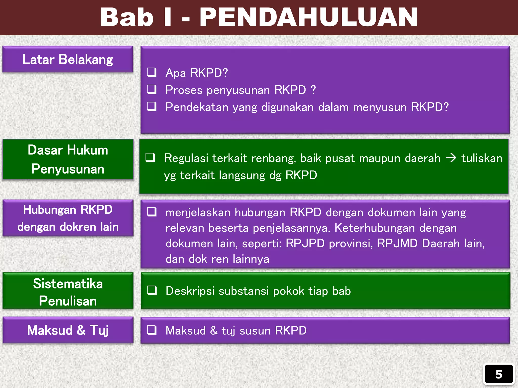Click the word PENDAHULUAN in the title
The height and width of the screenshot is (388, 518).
309,17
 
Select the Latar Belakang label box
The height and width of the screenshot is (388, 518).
68,59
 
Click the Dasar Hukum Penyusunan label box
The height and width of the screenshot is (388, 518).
68,159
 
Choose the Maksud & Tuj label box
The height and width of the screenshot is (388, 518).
68,330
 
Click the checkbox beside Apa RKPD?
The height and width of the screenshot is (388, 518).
152,72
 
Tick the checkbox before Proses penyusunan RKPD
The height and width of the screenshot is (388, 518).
152,89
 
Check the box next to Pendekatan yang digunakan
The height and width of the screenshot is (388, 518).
152,107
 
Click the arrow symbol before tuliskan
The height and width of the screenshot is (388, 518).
451,158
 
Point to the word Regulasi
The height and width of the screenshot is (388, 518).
186,158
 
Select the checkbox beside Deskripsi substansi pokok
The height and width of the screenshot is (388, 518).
152,290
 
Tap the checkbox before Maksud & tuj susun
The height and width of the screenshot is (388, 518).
152,330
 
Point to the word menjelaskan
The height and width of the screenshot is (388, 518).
198,213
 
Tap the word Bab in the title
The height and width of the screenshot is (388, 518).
126,17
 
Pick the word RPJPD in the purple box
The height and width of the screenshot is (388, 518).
305,244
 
